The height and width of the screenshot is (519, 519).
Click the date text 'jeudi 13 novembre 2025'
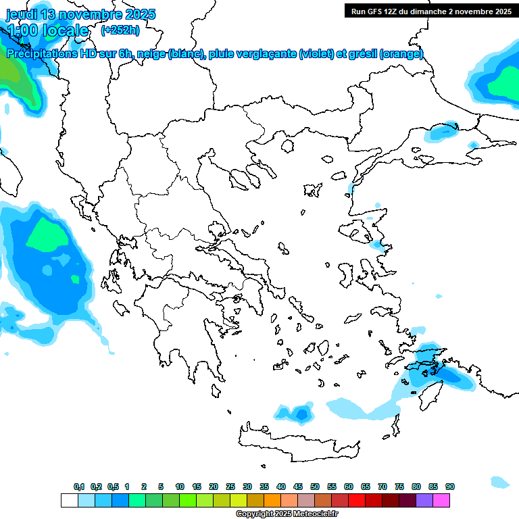[80, 14]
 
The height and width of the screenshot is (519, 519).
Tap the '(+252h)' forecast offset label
[120, 30]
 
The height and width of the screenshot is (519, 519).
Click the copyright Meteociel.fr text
[287, 514]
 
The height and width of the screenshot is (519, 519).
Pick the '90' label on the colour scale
[449, 487]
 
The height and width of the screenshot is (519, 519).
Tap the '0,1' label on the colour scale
[79, 487]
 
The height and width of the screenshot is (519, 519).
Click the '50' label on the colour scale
[315, 487]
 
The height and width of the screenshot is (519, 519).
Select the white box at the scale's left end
[69, 500]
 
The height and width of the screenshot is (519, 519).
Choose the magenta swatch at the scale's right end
[441, 500]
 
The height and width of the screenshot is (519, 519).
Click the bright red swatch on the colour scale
[357, 500]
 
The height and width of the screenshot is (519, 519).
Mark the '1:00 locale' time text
[47, 30]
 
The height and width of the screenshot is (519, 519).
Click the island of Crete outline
[297, 439]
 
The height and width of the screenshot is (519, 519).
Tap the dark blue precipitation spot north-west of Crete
[301, 413]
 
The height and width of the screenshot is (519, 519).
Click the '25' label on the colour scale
[230, 487]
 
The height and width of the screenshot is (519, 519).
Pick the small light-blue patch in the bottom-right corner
[500, 482]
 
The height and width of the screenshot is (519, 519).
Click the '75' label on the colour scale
[399, 487]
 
